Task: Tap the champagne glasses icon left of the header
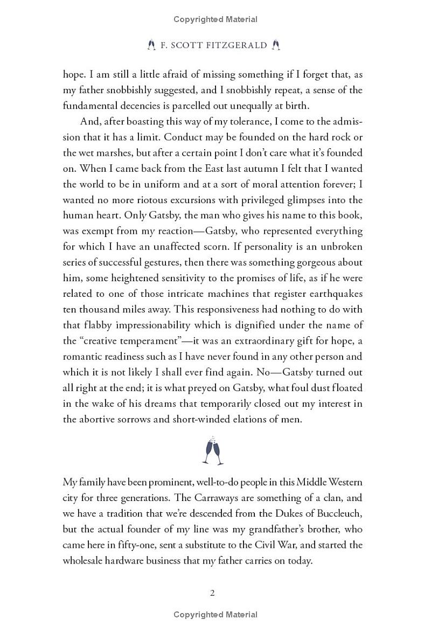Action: coord(151,45)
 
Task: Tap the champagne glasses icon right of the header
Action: coord(276,45)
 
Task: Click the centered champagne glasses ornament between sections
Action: coord(213,450)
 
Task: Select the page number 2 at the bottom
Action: coord(212,593)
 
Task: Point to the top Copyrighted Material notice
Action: coord(215,19)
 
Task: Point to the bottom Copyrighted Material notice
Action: coord(215,615)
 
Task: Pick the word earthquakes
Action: coord(334,294)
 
